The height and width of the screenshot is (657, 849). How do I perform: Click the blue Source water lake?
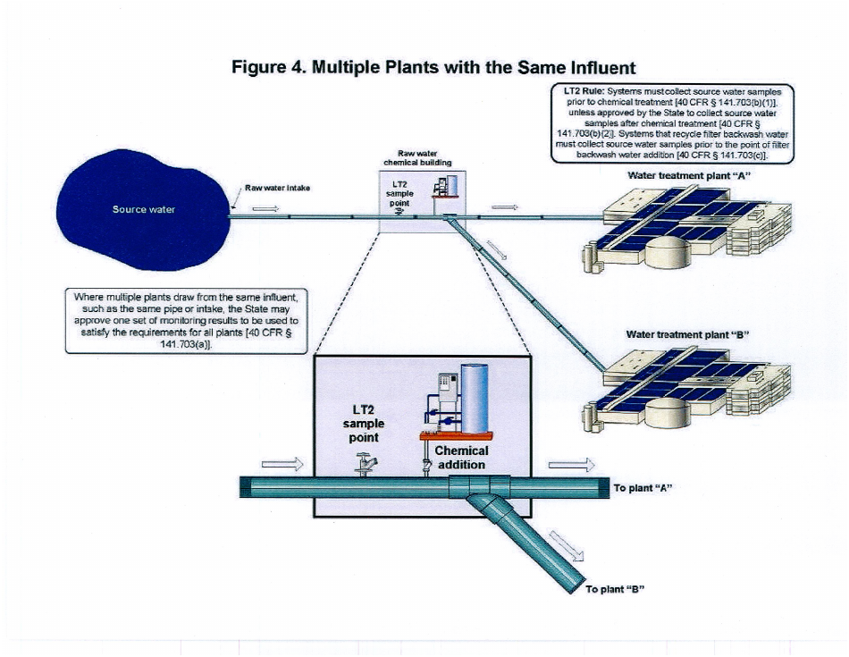pyautogui.click(x=143, y=209)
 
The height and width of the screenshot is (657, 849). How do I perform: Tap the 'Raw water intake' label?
pyautogui.click(x=277, y=189)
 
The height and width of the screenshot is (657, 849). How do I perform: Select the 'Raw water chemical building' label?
pyautogui.click(x=417, y=159)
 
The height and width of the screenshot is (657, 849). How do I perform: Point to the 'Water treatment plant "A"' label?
pyautogui.click(x=687, y=175)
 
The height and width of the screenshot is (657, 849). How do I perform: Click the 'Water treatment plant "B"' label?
pyautogui.click(x=686, y=334)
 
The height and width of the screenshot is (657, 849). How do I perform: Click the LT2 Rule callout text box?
pyautogui.click(x=666, y=122)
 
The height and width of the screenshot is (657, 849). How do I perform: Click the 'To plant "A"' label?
pyautogui.click(x=642, y=488)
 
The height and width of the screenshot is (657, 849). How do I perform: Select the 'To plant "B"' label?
pyautogui.click(x=615, y=589)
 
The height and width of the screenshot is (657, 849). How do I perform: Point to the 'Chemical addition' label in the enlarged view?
pyautogui.click(x=461, y=458)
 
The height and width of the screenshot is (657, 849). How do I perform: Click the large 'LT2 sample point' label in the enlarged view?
pyautogui.click(x=366, y=424)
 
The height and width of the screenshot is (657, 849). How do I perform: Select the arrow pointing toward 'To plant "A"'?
pyautogui.click(x=570, y=465)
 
